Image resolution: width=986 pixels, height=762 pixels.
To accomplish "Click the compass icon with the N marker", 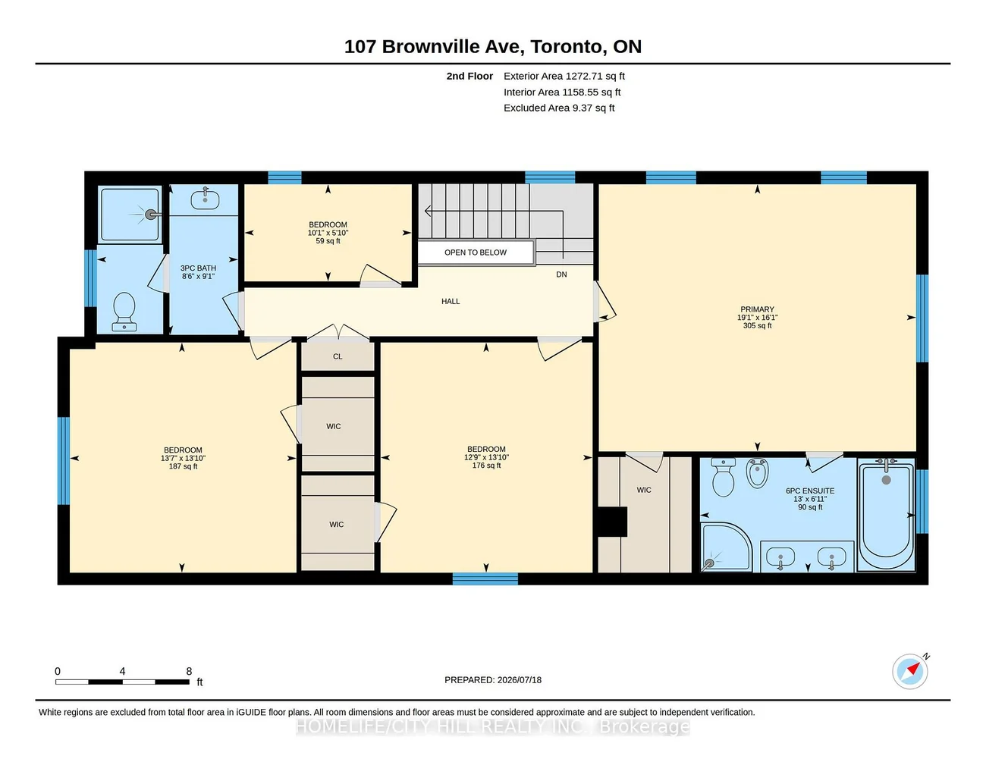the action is coord(909,672).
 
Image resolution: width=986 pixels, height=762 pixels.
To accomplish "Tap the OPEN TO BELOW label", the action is coord(475,252).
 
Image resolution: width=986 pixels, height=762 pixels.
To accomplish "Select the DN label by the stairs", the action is coord(561,274).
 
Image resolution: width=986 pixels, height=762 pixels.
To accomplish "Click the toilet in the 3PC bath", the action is coord(124,312).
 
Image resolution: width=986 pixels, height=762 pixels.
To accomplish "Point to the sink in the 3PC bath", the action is coord(205,199).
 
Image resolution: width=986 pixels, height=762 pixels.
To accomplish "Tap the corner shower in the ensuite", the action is coord(726,547).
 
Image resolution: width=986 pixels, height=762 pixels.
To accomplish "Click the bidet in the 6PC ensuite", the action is coord(757,473).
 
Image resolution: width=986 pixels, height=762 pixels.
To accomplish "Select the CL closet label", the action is coord(338,356).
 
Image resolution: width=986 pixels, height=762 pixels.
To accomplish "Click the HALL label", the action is coord(451,301).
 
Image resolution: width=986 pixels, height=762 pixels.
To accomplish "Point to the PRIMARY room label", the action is coord(757,309).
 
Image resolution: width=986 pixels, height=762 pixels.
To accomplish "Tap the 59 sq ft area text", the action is coord(328,241).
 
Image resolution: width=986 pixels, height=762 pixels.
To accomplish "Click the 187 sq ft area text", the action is coord(183,466).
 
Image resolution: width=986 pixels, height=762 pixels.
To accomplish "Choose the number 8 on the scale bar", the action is coord(189,671).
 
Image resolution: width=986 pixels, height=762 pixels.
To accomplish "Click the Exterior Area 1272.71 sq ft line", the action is coord(564,76).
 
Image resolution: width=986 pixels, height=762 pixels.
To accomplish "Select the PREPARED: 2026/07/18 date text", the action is coord(493,680).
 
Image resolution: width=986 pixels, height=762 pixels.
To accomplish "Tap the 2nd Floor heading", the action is coord(469,76).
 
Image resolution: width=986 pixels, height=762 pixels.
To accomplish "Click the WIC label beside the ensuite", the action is coord(643,490).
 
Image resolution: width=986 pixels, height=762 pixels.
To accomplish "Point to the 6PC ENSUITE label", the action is coord(810,491).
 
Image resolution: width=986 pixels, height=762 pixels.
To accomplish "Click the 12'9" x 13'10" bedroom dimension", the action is coord(486,457).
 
